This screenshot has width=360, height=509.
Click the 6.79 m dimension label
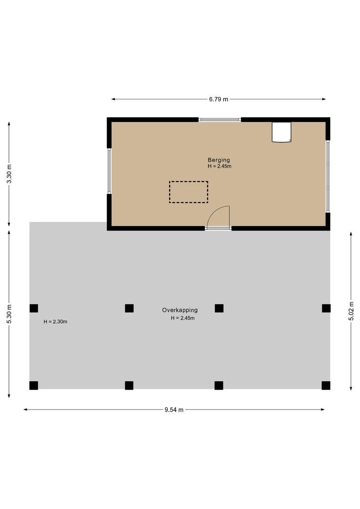pyautogui.click(x=219, y=99)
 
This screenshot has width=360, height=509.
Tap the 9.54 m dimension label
pyautogui.click(x=174, y=410)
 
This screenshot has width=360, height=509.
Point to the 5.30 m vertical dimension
pyautogui.click(x=9, y=314)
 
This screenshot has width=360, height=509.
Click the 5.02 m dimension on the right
pyautogui.click(x=351, y=312)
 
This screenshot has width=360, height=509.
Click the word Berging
pyautogui.click(x=219, y=160)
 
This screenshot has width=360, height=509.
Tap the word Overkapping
pyautogui.click(x=180, y=310)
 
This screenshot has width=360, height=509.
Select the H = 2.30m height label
pyautogui.click(x=56, y=322)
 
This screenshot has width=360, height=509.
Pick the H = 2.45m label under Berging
pyautogui.click(x=220, y=166)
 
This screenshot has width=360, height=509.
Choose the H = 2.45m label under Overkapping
pyautogui.click(x=183, y=318)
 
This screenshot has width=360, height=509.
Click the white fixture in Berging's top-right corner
pyautogui.click(x=282, y=132)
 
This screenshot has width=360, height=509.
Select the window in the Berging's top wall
pyautogui.click(x=220, y=120)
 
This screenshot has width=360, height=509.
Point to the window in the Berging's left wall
pyautogui.click(x=109, y=171)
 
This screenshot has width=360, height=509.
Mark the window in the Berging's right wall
pyautogui.click(x=328, y=176)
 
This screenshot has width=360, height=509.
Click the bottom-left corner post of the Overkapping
pyautogui.click(x=34, y=386)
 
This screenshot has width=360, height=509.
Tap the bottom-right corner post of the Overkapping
pyautogui.click(x=326, y=386)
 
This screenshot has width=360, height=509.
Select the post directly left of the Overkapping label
pyautogui.click(x=129, y=308)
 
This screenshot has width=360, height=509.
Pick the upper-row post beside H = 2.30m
pyautogui.click(x=34, y=308)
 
